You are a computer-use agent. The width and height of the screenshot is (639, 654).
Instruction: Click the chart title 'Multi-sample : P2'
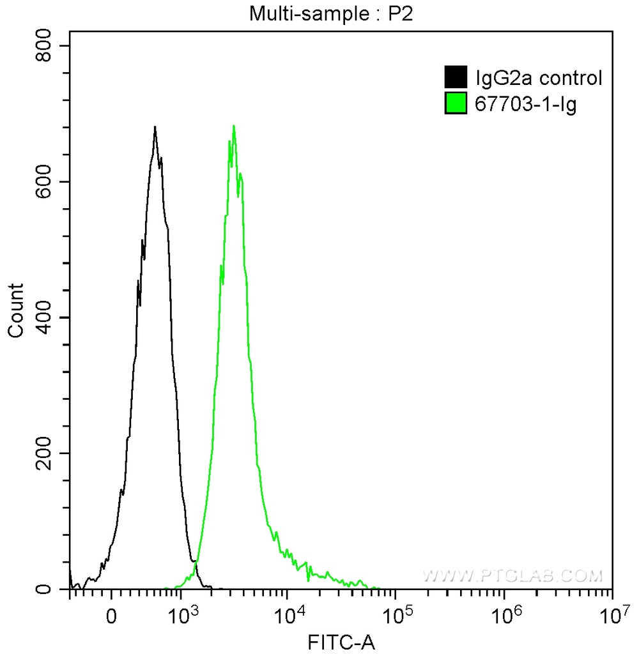[331, 15]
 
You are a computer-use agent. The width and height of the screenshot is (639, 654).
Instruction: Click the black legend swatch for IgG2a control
[454, 78]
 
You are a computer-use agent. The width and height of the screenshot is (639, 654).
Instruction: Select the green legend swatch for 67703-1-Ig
[454, 103]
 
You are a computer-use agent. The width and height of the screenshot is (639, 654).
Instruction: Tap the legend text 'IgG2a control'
[539, 79]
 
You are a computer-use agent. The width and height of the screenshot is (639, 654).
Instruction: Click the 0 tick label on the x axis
[112, 618]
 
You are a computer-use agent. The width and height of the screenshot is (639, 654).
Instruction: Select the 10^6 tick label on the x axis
[504, 615]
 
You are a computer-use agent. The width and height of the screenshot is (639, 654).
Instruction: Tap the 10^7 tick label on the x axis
[612, 615]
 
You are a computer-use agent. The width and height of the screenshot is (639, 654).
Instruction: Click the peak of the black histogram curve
[155, 127]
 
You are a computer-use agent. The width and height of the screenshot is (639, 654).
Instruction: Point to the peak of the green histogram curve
[234, 126]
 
